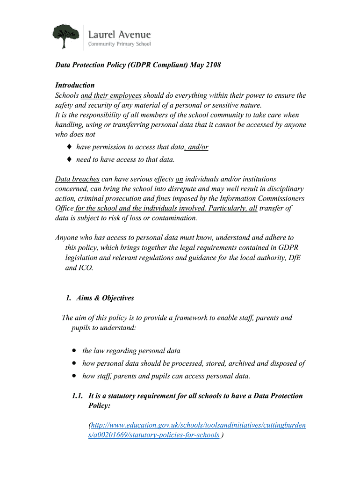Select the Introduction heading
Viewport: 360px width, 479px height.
click(75, 85)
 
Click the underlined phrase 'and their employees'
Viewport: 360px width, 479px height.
click(111, 95)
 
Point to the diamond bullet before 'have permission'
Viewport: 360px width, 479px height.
click(69, 147)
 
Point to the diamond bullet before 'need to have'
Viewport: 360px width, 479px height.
click(69, 160)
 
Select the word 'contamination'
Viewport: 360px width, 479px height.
click(175, 218)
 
